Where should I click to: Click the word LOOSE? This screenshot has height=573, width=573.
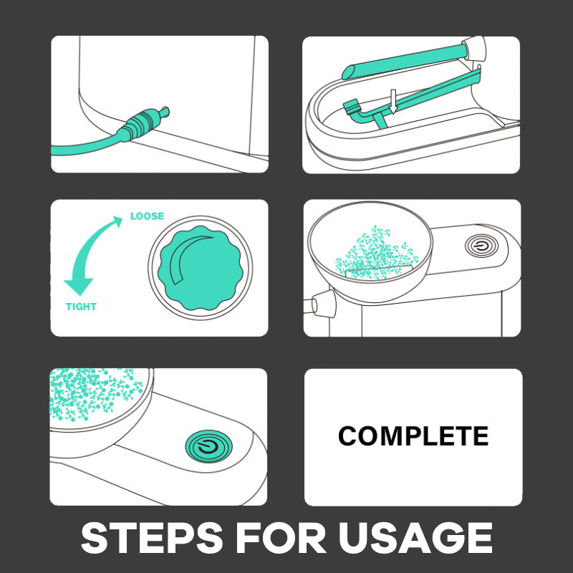[147, 216]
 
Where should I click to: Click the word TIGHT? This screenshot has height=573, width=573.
[81, 307]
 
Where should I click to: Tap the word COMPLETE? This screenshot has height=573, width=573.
[413, 436]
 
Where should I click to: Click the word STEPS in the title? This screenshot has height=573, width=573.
[152, 538]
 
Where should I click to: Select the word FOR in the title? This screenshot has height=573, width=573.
[281, 538]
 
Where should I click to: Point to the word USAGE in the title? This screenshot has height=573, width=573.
[415, 538]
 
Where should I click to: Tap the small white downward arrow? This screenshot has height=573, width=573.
[393, 101]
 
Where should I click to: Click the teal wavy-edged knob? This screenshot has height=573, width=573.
[201, 268]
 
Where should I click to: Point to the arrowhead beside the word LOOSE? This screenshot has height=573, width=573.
[117, 221]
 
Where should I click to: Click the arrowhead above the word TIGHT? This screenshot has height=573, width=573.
[79, 286]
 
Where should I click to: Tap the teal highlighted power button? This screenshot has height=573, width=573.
[208, 446]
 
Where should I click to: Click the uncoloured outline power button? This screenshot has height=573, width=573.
[482, 246]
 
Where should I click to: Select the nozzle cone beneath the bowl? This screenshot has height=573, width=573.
[323, 304]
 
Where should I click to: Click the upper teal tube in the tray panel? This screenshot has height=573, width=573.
[405, 61]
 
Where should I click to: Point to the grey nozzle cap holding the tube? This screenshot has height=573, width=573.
[474, 48]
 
